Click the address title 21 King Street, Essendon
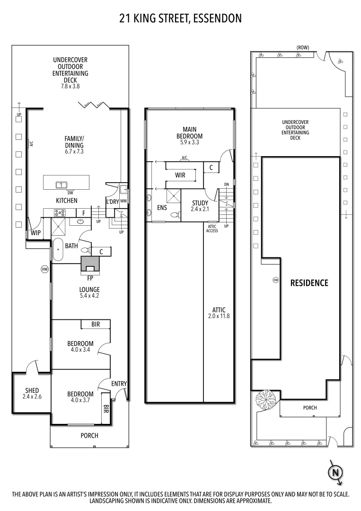point(180,18)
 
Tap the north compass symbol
point(335,472)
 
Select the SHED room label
point(32,390)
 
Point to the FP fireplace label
point(90,278)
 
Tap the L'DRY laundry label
point(112,202)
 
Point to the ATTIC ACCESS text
point(212,229)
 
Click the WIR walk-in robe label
point(180,175)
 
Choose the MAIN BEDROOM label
point(189,132)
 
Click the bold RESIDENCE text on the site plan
point(309,283)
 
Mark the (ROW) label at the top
point(303,48)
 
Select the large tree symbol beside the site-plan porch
point(266,400)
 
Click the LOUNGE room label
point(89,289)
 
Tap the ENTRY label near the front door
point(119,383)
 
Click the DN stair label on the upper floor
point(227,185)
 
